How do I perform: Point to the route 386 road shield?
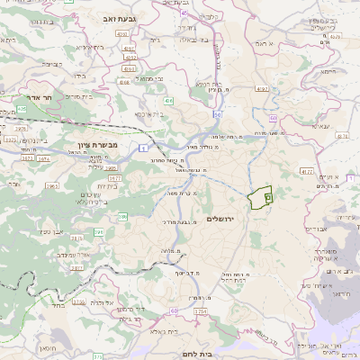[x=122, y=217]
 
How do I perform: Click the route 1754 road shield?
[x=200, y=310]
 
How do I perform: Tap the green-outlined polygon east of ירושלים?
[x=262, y=197]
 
